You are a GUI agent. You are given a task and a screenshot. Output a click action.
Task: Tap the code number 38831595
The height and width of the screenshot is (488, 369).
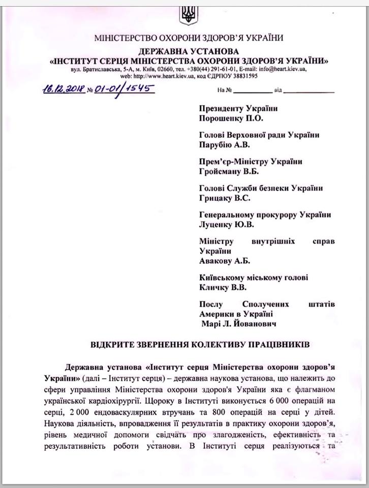pyautogui.click(x=239, y=76)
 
